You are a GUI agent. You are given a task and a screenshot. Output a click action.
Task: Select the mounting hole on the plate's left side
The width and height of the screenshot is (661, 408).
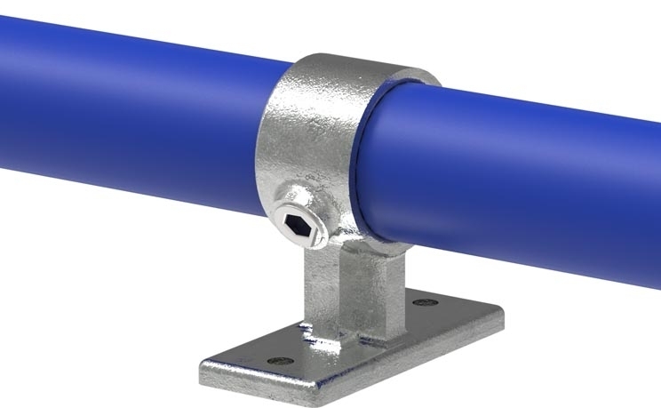pos(281,362)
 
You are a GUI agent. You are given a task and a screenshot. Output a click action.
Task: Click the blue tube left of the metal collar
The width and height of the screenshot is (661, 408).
pos(133,116)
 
